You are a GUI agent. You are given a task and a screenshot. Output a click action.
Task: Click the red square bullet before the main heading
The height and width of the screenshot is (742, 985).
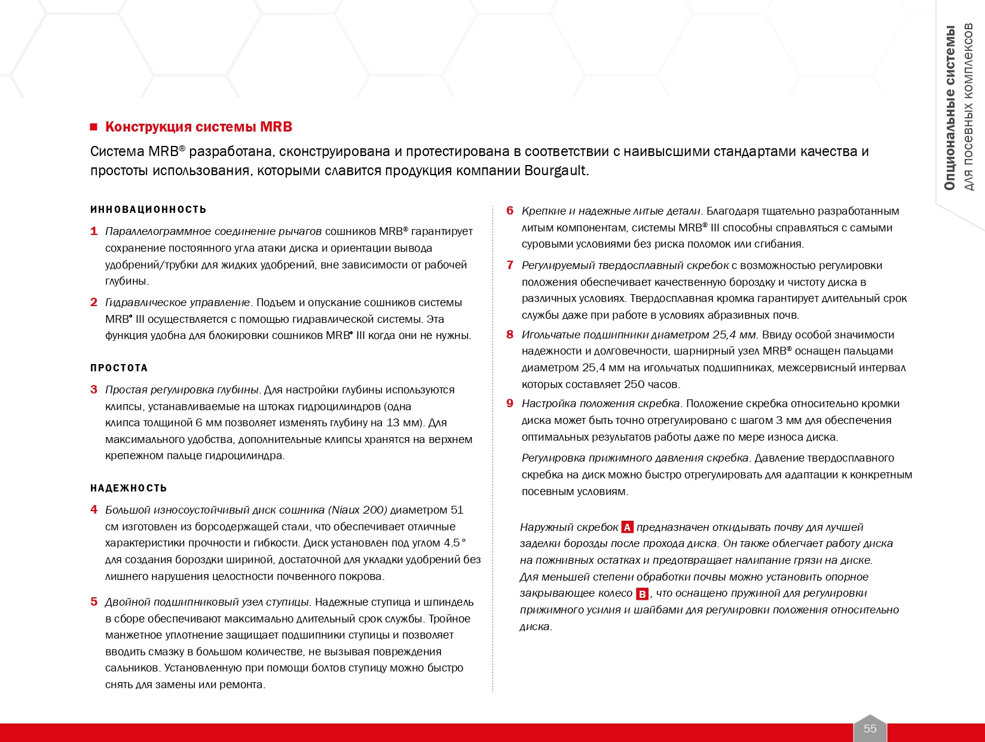click(93, 127)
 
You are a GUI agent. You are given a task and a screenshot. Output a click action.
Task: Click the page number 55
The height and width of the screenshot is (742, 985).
click(870, 728)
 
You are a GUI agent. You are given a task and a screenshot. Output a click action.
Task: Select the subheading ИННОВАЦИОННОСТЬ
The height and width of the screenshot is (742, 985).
click(148, 209)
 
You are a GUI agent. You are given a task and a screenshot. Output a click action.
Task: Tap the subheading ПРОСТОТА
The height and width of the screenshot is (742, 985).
click(119, 368)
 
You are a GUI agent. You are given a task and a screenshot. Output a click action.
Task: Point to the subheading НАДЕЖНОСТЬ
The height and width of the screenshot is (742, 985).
click(129, 488)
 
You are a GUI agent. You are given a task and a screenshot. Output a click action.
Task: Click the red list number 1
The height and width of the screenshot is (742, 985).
click(94, 231)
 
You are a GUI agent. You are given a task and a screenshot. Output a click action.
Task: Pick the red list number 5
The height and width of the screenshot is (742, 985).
click(94, 602)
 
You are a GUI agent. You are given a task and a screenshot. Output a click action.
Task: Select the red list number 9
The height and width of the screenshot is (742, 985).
click(510, 404)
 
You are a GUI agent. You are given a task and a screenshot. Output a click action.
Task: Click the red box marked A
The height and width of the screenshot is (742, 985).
click(627, 527)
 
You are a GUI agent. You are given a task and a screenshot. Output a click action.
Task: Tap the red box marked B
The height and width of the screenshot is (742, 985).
click(642, 594)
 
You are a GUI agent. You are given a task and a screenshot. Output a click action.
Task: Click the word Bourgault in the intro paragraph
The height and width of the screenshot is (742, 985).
click(555, 170)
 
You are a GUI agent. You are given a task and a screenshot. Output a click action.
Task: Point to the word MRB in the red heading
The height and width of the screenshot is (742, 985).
click(276, 127)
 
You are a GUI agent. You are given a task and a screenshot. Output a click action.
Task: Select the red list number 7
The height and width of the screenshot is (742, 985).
click(510, 265)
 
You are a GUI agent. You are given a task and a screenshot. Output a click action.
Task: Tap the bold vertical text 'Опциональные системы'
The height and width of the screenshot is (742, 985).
click(950, 108)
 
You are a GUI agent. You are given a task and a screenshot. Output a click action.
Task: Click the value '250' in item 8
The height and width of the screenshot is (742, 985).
click(634, 384)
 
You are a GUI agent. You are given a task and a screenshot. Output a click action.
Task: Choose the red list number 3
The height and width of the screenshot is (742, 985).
click(94, 390)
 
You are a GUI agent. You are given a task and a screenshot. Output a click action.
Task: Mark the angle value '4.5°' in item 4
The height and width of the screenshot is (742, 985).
click(454, 543)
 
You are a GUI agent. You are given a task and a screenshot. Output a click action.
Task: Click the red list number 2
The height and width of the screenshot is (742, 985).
click(94, 303)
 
